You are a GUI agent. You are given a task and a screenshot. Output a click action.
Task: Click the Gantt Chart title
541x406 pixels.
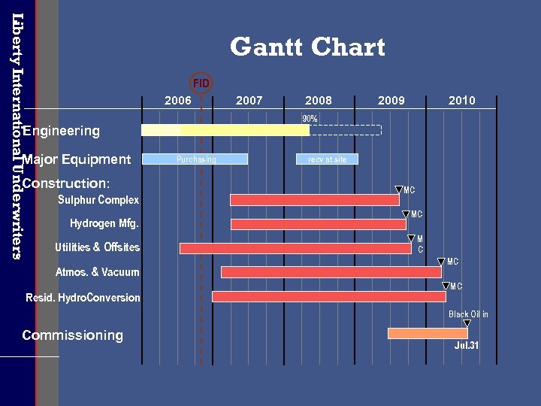pos(307,47)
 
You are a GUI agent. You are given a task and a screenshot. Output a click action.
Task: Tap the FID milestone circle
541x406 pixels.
pos(201,83)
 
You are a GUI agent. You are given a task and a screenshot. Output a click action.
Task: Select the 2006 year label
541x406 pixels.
pos(178,101)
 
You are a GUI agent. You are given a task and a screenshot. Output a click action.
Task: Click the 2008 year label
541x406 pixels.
pos(319,101)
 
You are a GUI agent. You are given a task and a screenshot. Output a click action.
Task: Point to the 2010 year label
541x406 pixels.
pos(461,101)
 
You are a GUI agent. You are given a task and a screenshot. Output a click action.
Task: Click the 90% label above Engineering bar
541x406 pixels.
pos(310,119)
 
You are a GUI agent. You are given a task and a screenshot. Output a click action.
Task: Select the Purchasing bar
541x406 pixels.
pos(195,159)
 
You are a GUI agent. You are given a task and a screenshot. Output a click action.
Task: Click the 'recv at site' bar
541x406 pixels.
pos(328,159)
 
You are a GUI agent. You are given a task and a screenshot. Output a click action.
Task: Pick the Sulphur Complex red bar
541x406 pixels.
pos(314,200)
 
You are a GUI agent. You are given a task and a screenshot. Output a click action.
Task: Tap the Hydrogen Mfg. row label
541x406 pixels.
pos(104,223)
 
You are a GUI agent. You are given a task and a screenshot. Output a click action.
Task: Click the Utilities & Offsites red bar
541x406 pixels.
pos(295,248)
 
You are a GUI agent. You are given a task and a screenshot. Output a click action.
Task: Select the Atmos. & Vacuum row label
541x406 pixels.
pos(98,272)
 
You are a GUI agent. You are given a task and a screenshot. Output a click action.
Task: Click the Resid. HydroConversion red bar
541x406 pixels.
pos(328,297)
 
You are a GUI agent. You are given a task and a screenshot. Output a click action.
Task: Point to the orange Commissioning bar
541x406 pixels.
pos(428,333)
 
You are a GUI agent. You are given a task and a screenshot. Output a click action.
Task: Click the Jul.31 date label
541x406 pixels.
pos(467,346)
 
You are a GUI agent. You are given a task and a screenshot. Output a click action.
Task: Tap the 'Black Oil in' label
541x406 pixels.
pos(468,314)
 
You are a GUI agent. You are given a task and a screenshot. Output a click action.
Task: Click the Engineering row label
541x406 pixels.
pos(61,131)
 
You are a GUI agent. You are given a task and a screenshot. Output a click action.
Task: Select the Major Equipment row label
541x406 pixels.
pos(77,159)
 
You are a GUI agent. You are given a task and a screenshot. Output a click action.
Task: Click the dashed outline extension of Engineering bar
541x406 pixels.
pos(346,130)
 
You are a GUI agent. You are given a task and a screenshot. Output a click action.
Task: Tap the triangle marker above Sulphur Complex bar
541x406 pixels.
pos(398,191)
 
